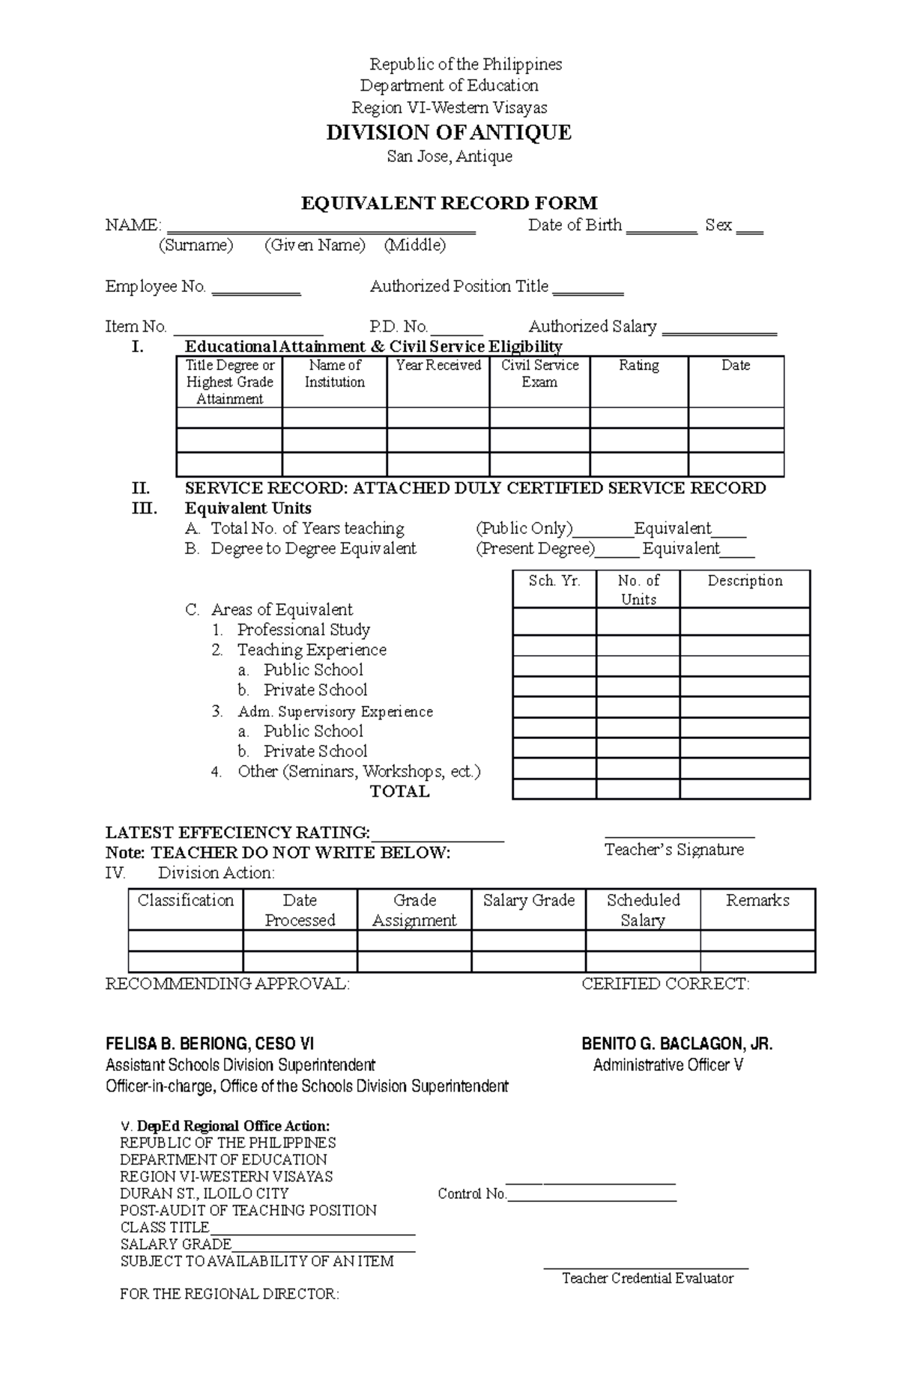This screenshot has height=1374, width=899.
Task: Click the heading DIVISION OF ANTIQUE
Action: click(x=449, y=133)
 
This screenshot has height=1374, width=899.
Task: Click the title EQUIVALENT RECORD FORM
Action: click(x=449, y=203)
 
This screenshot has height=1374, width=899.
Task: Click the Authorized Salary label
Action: click(x=593, y=326)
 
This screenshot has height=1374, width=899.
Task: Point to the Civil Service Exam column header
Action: click(x=539, y=374)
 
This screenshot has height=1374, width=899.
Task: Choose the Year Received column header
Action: click(x=438, y=365)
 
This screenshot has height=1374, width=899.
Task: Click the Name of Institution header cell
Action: click(x=334, y=374)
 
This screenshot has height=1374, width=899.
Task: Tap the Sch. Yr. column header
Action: click(x=554, y=581)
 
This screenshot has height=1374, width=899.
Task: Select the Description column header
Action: click(x=745, y=581)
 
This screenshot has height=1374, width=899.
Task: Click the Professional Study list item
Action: click(x=303, y=630)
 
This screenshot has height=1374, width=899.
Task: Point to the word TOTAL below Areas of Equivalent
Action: click(x=400, y=791)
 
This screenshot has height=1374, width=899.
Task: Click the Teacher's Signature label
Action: click(x=674, y=850)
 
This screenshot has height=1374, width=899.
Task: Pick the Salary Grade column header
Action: click(x=529, y=901)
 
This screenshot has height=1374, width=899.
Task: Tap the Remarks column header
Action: click(x=757, y=901)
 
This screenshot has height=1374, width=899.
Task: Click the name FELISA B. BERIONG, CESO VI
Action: click(x=210, y=1045)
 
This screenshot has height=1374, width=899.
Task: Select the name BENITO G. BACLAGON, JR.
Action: click(x=677, y=1045)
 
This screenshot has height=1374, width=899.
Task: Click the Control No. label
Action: click(x=472, y=1194)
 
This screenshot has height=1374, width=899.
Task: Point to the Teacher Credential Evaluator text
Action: click(x=647, y=1278)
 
